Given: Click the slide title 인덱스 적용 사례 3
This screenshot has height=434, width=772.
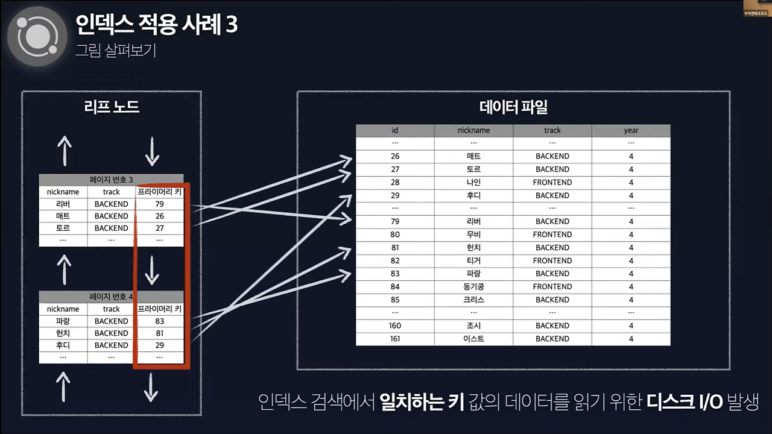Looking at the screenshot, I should [156, 25].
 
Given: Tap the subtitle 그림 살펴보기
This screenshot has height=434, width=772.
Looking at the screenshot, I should [116, 50].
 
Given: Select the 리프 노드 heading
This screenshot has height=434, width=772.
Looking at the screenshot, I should [112, 107].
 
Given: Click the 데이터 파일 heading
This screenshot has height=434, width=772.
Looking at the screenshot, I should [513, 107].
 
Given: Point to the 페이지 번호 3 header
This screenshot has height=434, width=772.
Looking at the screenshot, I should [111, 180].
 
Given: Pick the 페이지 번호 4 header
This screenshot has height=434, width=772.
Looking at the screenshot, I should [111, 297].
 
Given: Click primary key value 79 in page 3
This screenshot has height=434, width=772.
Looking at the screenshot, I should [159, 204].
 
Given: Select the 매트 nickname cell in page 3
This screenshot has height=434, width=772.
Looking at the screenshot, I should [63, 216].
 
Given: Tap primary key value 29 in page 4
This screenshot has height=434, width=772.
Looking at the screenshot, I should [159, 345].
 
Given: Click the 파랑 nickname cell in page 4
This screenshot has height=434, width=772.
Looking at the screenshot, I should [63, 321].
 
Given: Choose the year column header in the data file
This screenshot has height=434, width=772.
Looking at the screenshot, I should [631, 130].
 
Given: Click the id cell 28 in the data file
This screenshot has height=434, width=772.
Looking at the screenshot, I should [395, 182].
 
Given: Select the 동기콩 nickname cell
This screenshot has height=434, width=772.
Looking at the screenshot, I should [473, 286].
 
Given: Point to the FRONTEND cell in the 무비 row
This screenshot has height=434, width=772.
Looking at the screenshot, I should [552, 234].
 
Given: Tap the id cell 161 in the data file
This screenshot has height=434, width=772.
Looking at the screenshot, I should [395, 339].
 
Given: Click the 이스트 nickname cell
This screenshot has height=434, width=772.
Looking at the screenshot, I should [473, 339].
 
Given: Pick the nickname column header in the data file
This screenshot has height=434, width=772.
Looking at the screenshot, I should [473, 130].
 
